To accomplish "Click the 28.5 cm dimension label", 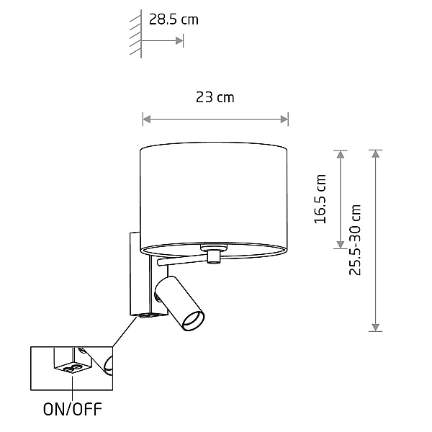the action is (x=174, y=19).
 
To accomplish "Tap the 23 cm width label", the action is (x=215, y=97).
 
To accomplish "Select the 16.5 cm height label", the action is (x=320, y=199).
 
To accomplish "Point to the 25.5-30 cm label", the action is (x=355, y=240).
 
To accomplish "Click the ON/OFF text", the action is (x=73, y=409).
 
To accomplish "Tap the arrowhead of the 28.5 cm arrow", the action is (x=179, y=41).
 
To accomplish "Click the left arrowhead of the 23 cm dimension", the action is (x=147, y=120).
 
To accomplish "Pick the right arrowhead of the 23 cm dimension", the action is (x=284, y=120).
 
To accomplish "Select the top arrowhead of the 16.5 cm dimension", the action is (x=341, y=154).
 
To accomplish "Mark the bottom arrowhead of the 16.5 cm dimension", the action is (x=341, y=245).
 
